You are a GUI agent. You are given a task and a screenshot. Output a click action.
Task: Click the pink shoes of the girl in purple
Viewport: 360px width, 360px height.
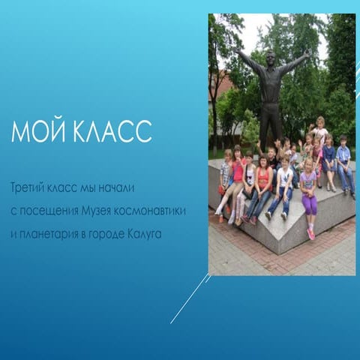point(310,233)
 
